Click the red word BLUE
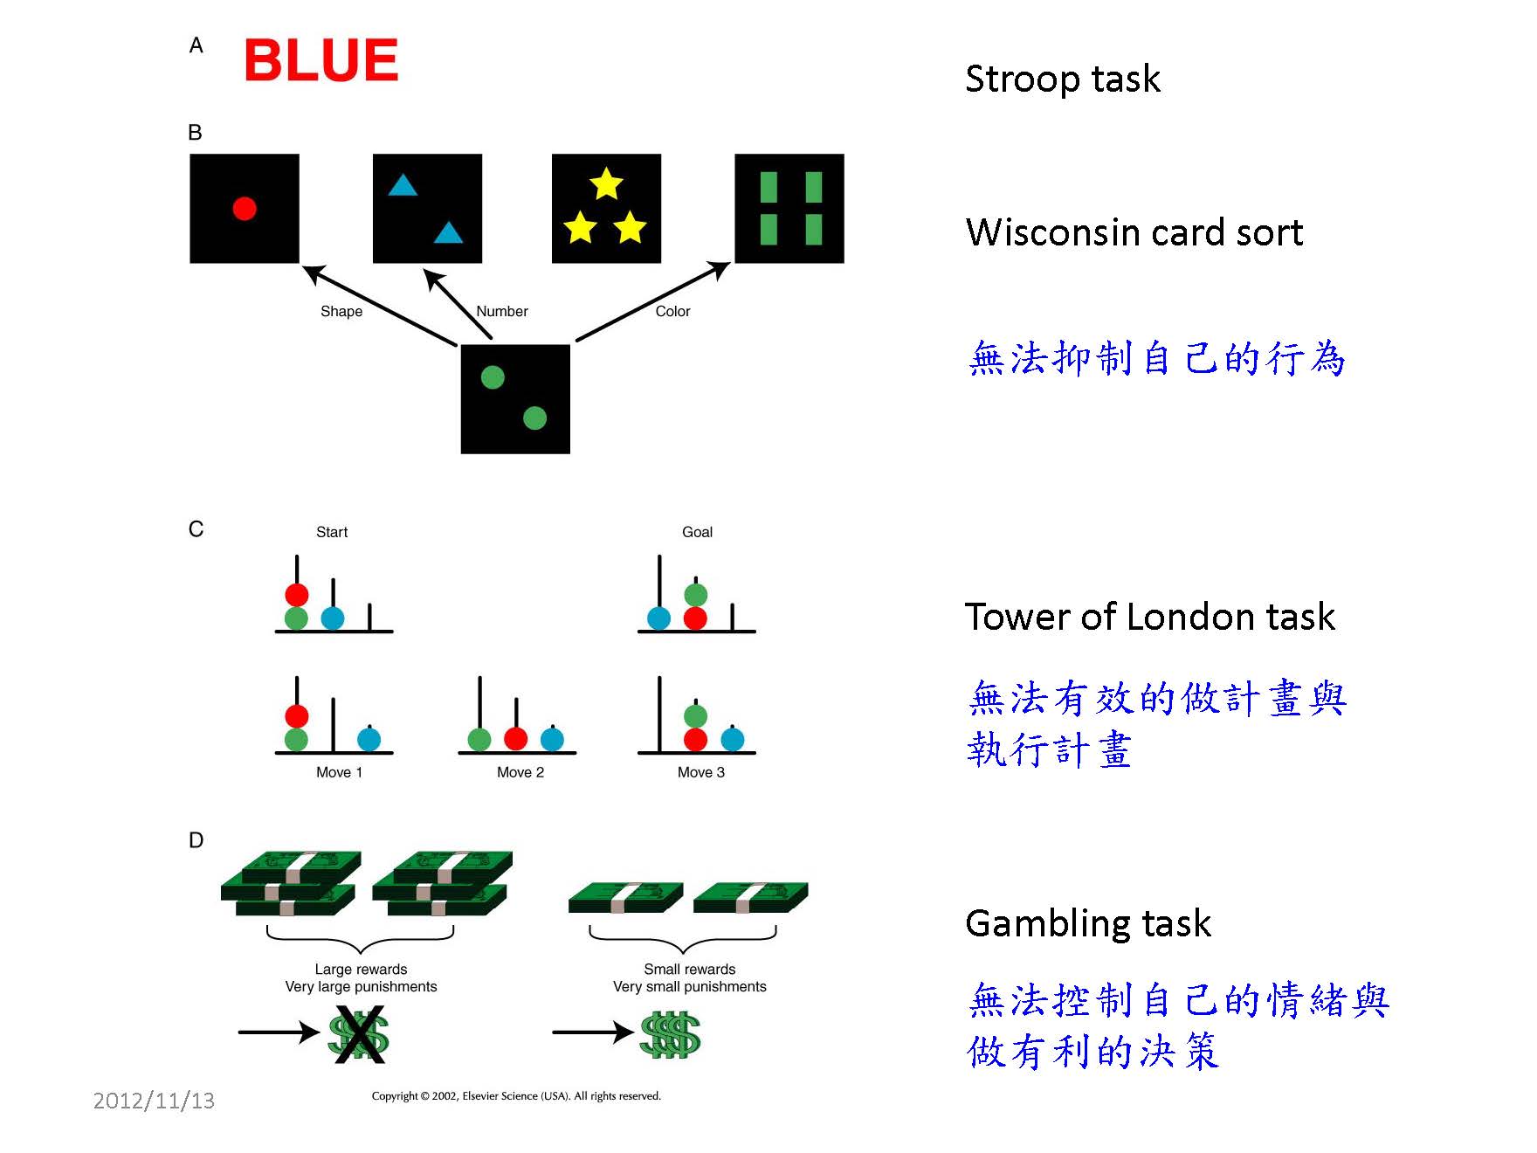[x=320, y=60]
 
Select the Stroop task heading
[x=1062, y=79]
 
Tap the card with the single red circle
[x=245, y=209]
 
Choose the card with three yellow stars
[x=606, y=209]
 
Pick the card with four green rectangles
[x=789, y=209]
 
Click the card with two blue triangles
[x=427, y=209]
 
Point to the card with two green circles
[x=515, y=399]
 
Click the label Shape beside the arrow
[x=341, y=311]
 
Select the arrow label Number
[x=502, y=311]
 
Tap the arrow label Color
[x=672, y=311]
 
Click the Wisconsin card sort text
[x=1134, y=232]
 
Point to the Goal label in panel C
[x=697, y=532]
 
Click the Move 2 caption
[x=520, y=772]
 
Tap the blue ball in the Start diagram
[x=333, y=618]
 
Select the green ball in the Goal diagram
[x=695, y=596]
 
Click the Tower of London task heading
[x=1149, y=617]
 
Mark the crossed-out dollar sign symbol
[x=358, y=1034]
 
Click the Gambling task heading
[x=1088, y=923]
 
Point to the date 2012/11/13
[x=154, y=1101]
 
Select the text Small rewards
[x=689, y=969]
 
